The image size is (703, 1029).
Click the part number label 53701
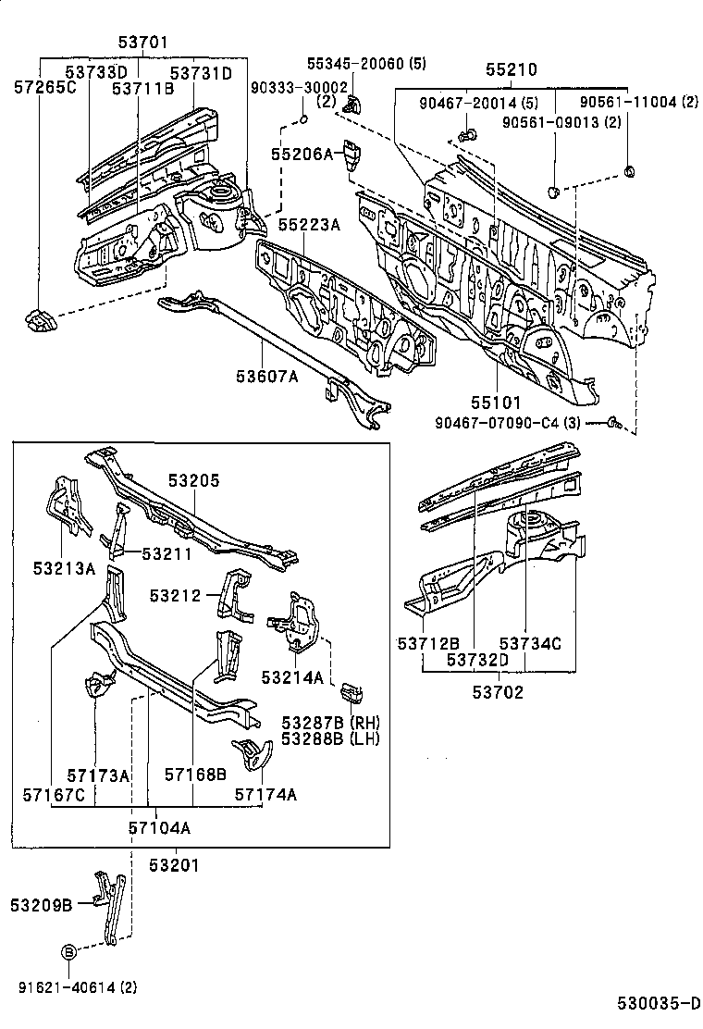pyautogui.click(x=143, y=42)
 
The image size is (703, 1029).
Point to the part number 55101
pyautogui.click(x=496, y=403)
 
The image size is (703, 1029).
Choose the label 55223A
pyautogui.click(x=309, y=225)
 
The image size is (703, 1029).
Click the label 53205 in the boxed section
pyautogui.click(x=194, y=480)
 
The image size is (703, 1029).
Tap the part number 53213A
pyautogui.click(x=65, y=568)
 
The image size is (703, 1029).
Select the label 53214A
pyautogui.click(x=292, y=677)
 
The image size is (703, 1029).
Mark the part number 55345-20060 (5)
pyautogui.click(x=354, y=63)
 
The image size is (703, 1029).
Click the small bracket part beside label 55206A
pyautogui.click(x=352, y=155)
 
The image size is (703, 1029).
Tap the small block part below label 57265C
pyautogui.click(x=40, y=320)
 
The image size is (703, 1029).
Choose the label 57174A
pyautogui.click(x=265, y=794)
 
